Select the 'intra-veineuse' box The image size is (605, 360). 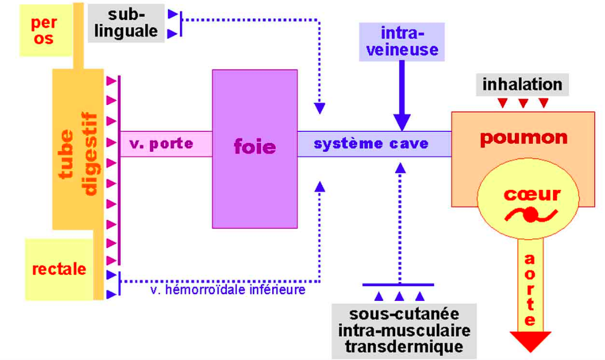pos(402,42)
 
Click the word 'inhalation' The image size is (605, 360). pos(522,84)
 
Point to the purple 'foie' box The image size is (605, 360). pos(254,147)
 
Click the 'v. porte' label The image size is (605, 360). pos(161,144)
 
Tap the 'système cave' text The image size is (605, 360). pos(371,144)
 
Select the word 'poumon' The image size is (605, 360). pos(523,137)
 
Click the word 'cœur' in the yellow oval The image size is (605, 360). pos(532,194)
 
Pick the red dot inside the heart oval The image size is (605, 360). pos(530,215)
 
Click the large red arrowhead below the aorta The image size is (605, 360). pos(530,341)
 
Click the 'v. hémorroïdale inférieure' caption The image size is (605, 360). pos(227,289)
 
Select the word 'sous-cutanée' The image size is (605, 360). pos(404,314)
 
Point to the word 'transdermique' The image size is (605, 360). pos(404,347)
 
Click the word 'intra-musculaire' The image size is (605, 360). pos(404,330)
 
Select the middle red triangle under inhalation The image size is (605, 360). pos(522,103)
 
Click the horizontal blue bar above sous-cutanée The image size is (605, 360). pos(398,284)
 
